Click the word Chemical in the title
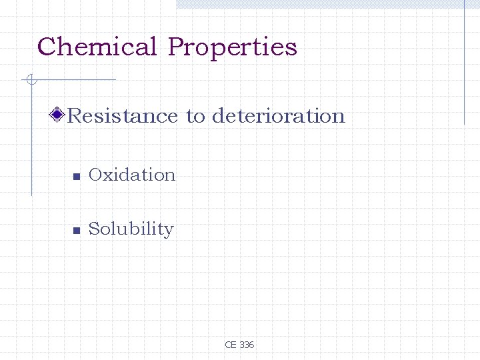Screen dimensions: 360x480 pyautogui.click(x=97, y=47)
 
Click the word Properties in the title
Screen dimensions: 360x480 pyautogui.click(x=232, y=48)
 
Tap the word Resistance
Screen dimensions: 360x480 pyautogui.click(x=123, y=116)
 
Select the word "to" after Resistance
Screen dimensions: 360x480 pyautogui.click(x=195, y=117)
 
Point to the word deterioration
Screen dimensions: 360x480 pyautogui.click(x=278, y=116)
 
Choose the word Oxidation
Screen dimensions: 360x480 pyautogui.click(x=132, y=175)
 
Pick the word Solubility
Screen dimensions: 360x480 pyautogui.click(x=131, y=229)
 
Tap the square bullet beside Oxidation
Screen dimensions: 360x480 pyautogui.click(x=76, y=177)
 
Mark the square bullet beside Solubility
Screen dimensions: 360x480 pyautogui.click(x=76, y=231)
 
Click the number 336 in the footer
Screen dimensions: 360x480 pyautogui.click(x=246, y=345)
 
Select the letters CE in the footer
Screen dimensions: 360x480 pyautogui.click(x=231, y=345)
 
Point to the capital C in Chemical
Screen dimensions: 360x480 pyautogui.click(x=46, y=47)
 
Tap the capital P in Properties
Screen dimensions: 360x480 pyautogui.click(x=176, y=47)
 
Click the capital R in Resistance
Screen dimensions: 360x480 pyautogui.click(x=74, y=116)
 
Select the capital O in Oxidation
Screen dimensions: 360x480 pyautogui.click(x=95, y=175)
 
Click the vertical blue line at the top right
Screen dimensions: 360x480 pyautogui.click(x=464, y=63)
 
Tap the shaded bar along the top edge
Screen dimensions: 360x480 pyautogui.click(x=327, y=4)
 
